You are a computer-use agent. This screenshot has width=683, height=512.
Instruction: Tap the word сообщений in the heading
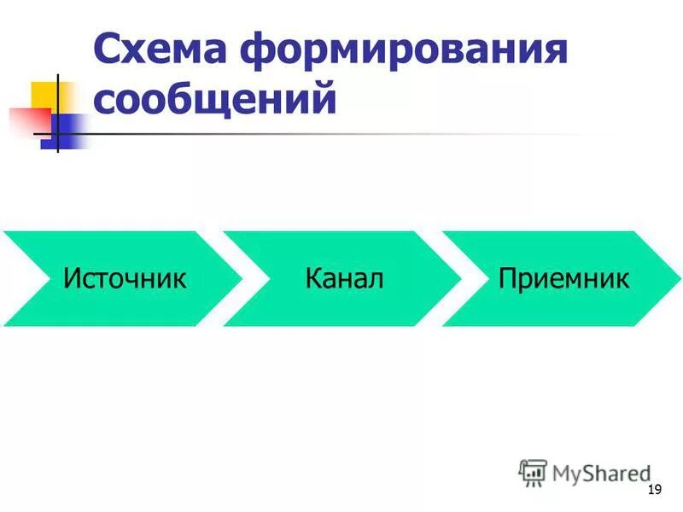click(214, 99)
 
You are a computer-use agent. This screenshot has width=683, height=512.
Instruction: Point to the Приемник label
click(564, 279)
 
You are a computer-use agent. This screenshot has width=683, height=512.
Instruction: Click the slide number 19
click(655, 489)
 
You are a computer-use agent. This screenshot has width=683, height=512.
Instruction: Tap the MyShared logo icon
click(533, 472)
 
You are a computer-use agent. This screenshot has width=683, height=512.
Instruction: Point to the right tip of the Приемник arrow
click(678, 279)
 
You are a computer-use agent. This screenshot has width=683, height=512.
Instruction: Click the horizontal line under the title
click(341, 135)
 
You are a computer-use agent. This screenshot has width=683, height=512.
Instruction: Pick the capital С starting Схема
click(108, 49)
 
